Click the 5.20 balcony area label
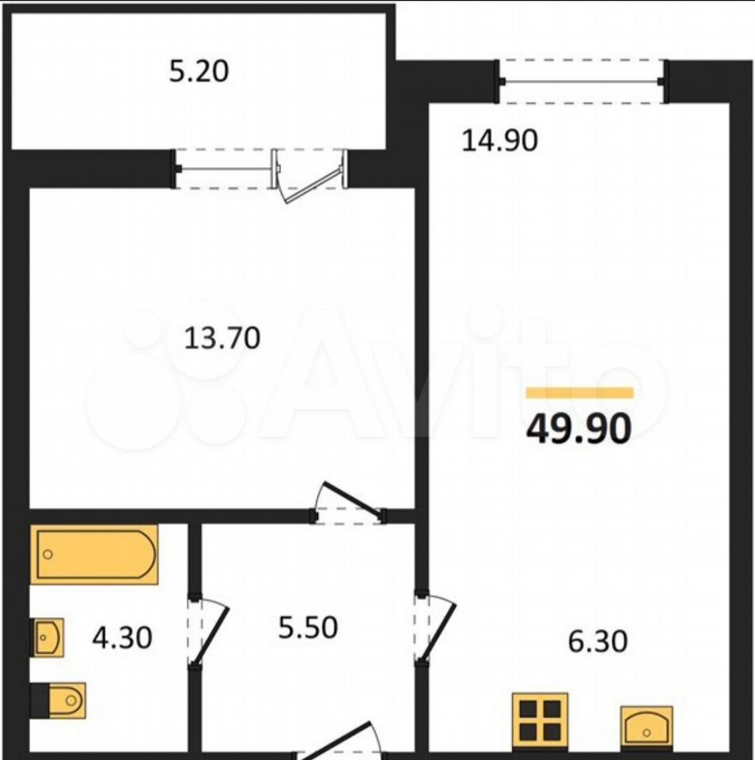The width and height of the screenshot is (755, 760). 199,71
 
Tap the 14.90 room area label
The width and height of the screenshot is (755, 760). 499,141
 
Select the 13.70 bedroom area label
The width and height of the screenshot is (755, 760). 222,338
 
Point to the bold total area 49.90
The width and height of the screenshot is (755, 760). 579,428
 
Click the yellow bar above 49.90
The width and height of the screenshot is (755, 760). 580,393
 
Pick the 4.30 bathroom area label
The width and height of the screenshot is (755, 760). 122,638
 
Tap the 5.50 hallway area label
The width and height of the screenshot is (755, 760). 308,628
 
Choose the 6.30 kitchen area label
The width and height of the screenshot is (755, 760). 598,641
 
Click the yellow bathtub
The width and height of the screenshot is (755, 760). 94,554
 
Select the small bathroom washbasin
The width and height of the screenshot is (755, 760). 48,637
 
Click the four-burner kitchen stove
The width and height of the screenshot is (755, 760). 541,720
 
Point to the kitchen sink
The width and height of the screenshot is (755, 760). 647,727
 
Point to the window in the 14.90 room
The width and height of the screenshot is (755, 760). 582,81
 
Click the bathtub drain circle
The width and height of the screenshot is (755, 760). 47,554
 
